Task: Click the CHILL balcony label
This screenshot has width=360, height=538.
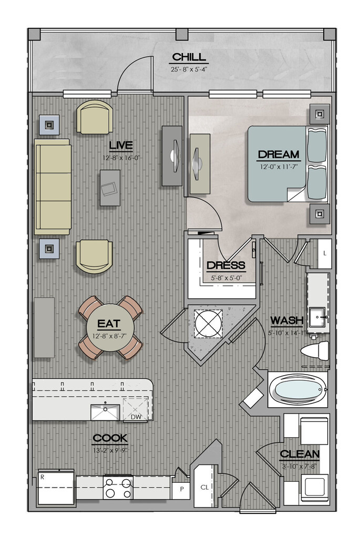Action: [189, 57]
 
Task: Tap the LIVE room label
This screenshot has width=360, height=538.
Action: [121, 146]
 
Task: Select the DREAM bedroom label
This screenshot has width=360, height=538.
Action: [279, 154]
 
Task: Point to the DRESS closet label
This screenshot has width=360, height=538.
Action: [226, 265]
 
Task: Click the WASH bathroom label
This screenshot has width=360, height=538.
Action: [287, 320]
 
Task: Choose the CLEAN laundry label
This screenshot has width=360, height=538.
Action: [300, 454]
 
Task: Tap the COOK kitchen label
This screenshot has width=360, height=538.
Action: [110, 438]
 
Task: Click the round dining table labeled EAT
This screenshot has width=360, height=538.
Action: [110, 328]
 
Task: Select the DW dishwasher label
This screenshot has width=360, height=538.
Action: [136, 417]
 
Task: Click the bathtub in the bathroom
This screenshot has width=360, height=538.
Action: [297, 390]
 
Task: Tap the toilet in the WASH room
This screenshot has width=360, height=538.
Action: [314, 351]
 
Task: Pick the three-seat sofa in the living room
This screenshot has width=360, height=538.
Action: [53, 187]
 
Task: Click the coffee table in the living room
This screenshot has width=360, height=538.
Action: [110, 188]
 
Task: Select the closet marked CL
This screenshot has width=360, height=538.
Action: [204, 487]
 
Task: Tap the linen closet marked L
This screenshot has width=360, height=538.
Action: [325, 253]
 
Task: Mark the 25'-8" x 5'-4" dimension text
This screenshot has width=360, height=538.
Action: [189, 69]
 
